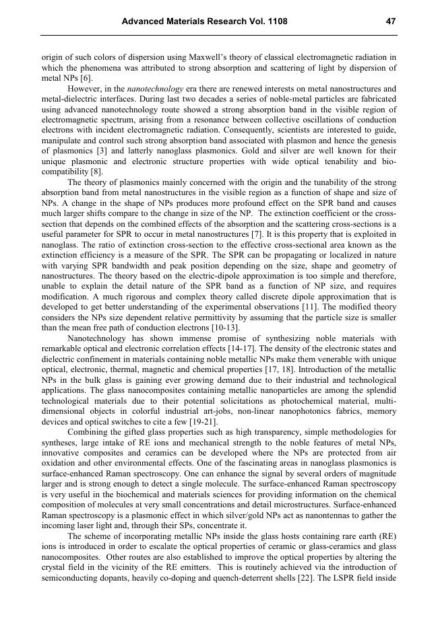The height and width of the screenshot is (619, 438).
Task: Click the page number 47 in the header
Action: (390, 22)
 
